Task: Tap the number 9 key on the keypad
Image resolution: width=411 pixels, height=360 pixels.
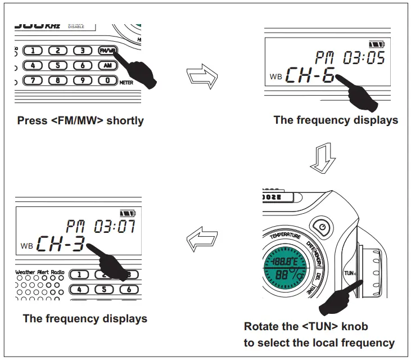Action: pos(83,80)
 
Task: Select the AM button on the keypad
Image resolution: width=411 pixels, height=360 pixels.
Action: pos(107,65)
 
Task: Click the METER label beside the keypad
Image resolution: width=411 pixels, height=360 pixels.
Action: pos(130,82)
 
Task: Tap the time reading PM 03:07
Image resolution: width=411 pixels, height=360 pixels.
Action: pos(100,227)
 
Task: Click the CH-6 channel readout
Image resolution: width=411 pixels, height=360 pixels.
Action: pos(310,75)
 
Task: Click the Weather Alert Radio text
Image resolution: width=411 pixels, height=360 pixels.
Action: pos(40,272)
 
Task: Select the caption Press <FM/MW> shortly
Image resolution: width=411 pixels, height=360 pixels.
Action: pos(80,120)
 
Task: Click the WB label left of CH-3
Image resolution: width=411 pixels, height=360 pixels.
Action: pos(26,246)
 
